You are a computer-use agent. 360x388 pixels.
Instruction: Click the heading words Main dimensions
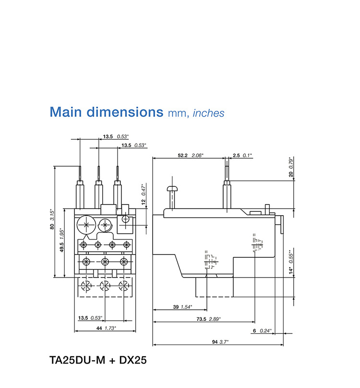coord(106,112)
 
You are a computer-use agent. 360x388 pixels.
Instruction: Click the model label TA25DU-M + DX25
coord(98,360)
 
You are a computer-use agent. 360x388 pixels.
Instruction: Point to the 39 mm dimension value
coord(175,307)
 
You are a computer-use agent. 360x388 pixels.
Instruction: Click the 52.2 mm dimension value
coord(183,155)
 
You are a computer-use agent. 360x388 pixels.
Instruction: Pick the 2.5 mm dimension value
coord(236,155)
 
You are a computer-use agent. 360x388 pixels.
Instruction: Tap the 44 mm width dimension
coord(99,328)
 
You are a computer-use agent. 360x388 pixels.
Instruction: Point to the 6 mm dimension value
coord(254,330)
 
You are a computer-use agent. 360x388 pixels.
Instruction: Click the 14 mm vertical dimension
coord(290,271)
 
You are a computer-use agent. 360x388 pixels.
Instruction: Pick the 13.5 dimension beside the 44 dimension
coord(83,318)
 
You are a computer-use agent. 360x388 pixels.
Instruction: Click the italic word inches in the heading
coord(208,113)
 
